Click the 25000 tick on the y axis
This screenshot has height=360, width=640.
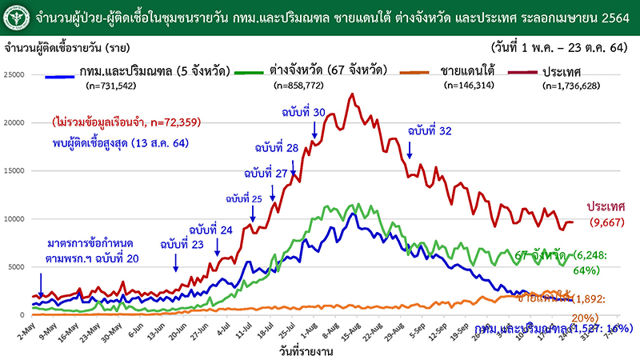pos(15,75)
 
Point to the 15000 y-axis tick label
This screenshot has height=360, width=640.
pos(15,171)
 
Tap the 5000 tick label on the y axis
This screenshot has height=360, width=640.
pos(18,267)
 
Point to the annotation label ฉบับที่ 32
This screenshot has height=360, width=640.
pos(430,130)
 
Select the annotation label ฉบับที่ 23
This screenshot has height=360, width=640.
pos(182,244)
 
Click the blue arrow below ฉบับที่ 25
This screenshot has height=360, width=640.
pos(253,214)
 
